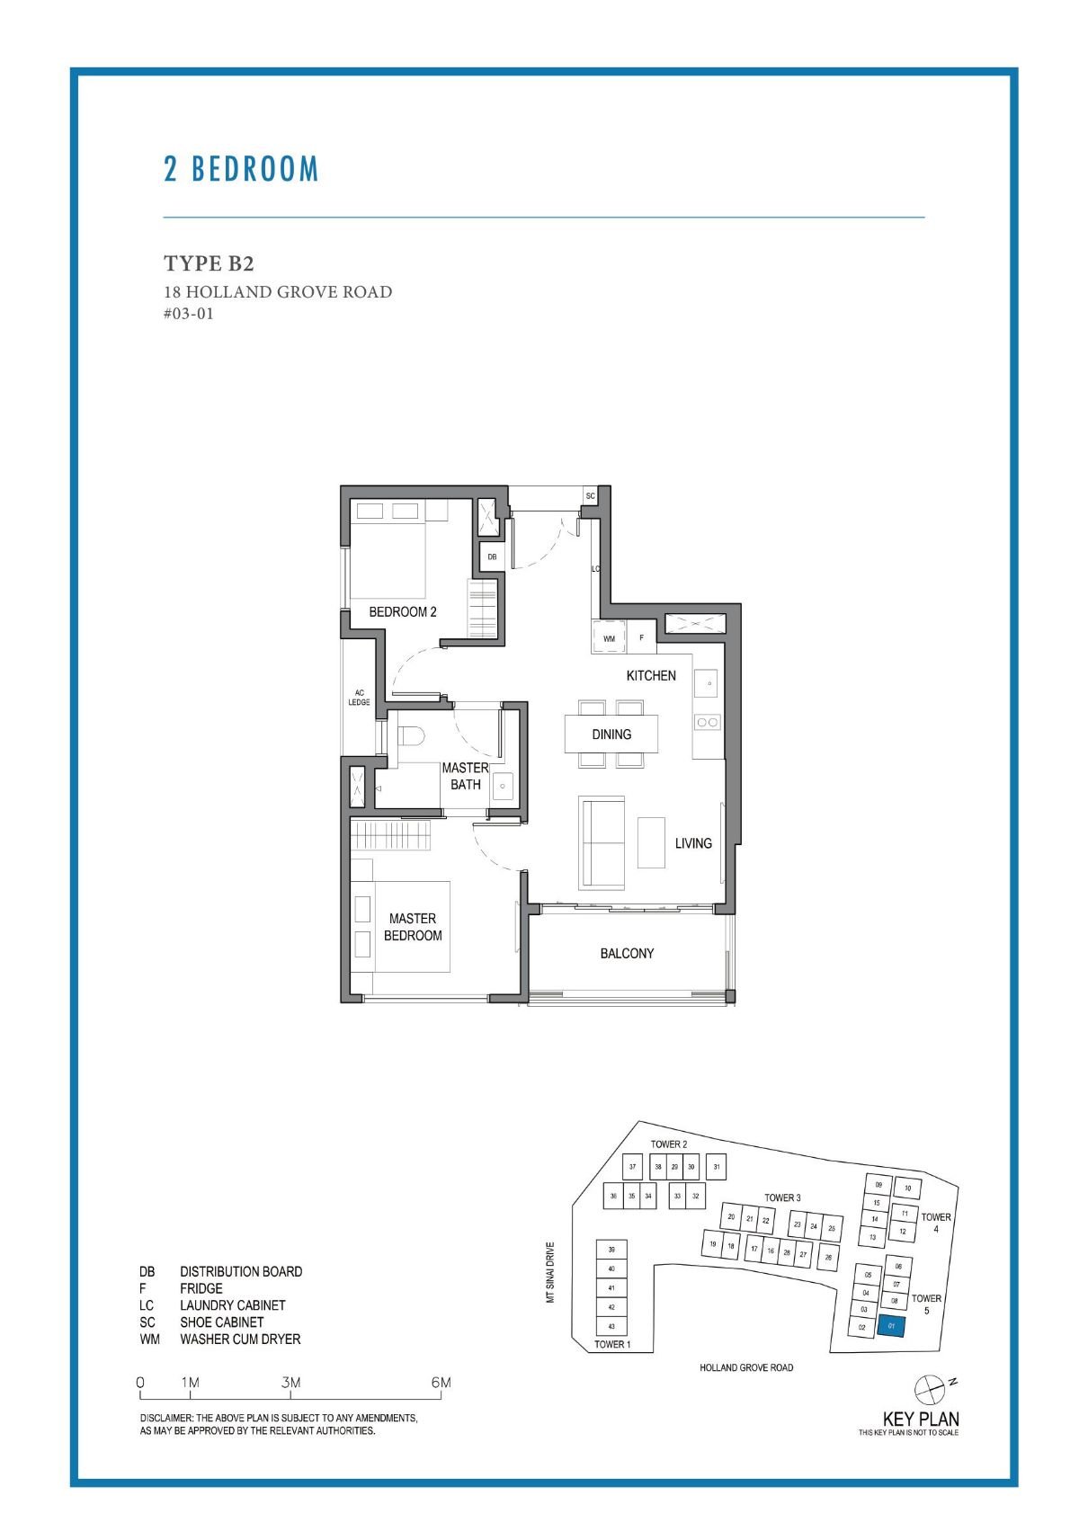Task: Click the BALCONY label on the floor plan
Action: click(627, 953)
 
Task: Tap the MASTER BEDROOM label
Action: click(413, 927)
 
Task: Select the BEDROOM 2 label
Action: click(403, 611)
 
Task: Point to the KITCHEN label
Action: click(651, 675)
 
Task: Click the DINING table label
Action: click(611, 734)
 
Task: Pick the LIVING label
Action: click(693, 843)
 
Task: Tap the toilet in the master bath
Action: click(410, 735)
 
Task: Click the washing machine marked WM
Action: click(609, 637)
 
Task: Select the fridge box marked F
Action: click(641, 637)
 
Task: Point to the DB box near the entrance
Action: click(492, 557)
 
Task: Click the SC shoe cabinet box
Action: click(591, 496)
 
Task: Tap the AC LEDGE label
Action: click(359, 698)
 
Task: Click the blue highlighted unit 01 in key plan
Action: click(891, 1326)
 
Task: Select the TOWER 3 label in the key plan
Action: click(782, 1197)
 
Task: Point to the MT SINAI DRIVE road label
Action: click(551, 1272)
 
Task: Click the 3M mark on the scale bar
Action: click(290, 1383)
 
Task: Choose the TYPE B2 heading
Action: click(209, 263)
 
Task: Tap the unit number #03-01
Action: click(189, 314)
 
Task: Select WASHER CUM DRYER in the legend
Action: click(240, 1340)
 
